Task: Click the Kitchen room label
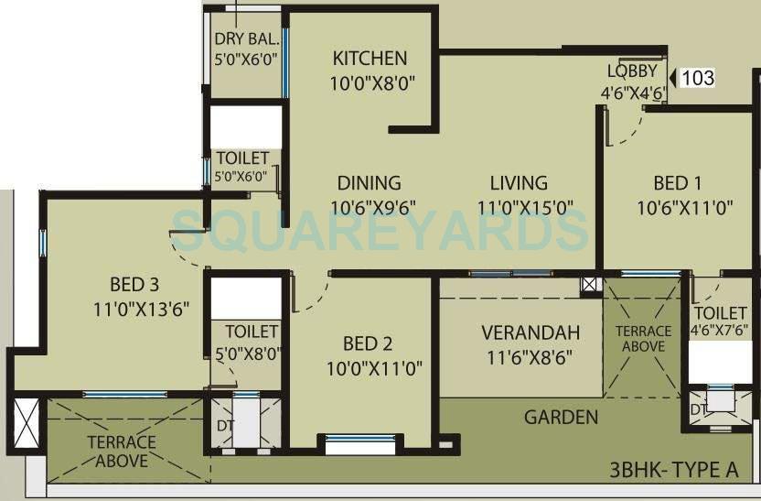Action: coord(370,59)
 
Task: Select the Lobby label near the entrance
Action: coord(632,72)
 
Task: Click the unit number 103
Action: coord(698,78)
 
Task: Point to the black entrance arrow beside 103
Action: coord(671,79)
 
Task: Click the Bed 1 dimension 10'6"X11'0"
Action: coord(685,208)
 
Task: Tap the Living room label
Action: coord(519,182)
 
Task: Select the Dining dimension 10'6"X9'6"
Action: coord(369,208)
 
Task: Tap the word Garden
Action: coord(561,418)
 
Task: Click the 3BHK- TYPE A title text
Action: coord(674,472)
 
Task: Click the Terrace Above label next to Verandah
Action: coord(643,339)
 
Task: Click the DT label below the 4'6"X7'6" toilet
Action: coord(698,408)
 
